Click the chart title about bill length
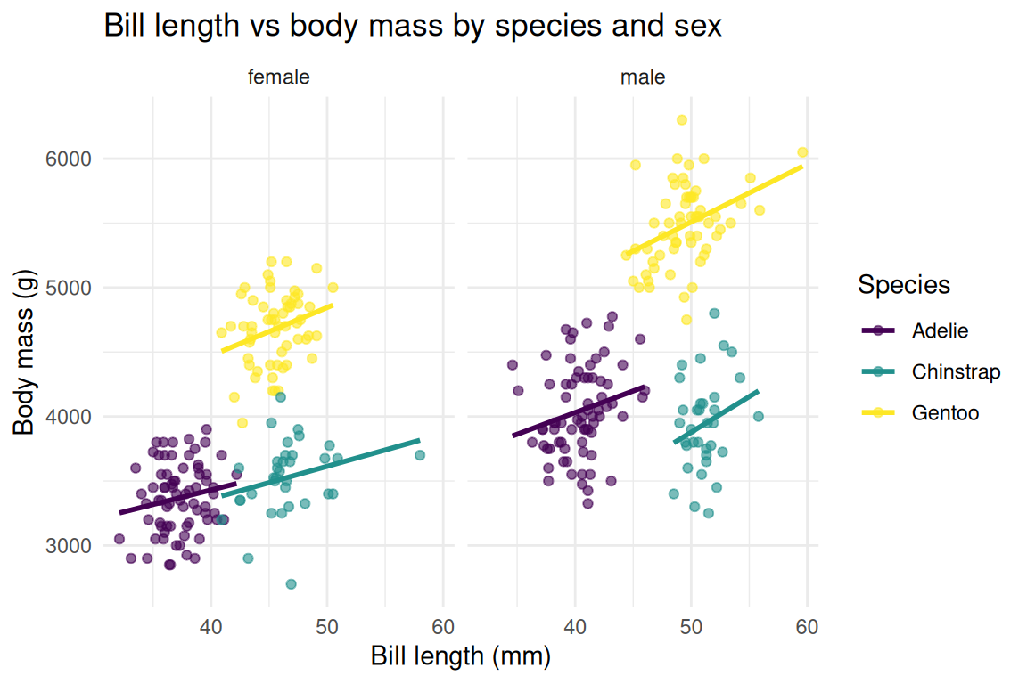pos(412,27)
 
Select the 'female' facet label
pos(278,77)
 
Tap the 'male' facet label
pos(643,77)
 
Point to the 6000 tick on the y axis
pos(70,159)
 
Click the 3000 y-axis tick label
pos(70,545)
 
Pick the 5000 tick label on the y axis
pos(70,288)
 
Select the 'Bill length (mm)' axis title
pos(461,656)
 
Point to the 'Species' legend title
pos(903,285)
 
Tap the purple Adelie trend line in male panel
pos(579,411)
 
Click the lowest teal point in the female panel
pos(291,584)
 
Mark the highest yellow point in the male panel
pos(682,120)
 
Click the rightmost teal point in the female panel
pos(420,455)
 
